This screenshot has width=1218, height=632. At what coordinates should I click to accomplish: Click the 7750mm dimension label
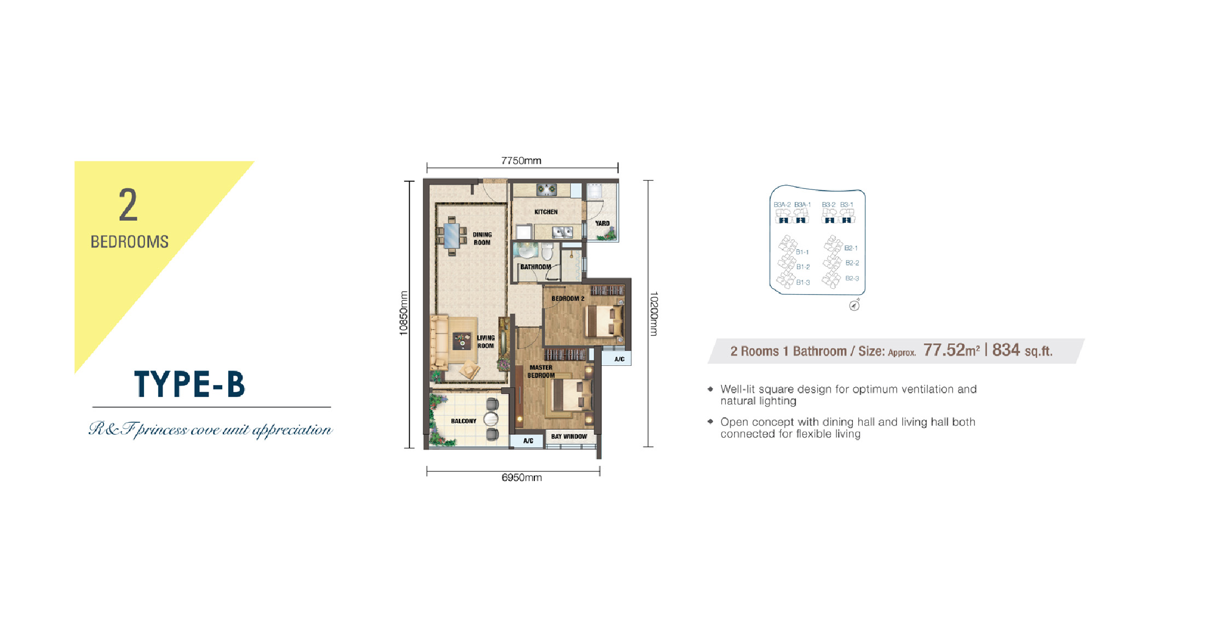[521, 160]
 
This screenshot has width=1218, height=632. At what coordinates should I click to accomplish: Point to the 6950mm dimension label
[522, 478]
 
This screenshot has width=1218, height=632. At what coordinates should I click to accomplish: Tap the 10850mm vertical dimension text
[403, 313]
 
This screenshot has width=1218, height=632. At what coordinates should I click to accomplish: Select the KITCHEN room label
[546, 212]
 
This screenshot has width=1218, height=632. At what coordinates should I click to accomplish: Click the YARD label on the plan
[602, 223]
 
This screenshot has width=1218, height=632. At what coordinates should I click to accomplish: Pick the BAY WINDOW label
[569, 436]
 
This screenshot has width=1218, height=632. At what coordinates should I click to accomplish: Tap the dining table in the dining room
[452, 235]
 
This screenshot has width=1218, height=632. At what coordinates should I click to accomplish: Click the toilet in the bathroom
[547, 251]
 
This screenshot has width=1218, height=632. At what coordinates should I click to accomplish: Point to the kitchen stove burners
[546, 189]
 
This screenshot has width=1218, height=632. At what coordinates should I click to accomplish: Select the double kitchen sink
[562, 233]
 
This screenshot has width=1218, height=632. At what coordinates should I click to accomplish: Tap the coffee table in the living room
[462, 342]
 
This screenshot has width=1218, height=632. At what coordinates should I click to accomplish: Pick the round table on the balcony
[491, 419]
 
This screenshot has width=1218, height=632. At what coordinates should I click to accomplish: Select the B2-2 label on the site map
[852, 263]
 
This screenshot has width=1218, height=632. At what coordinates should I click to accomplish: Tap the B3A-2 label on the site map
[782, 204]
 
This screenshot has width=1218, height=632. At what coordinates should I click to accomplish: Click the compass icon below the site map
[854, 306]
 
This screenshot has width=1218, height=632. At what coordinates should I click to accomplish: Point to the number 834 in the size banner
[1006, 350]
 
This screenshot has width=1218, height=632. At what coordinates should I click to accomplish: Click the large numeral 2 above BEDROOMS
[128, 205]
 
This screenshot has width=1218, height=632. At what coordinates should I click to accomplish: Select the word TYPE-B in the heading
[189, 383]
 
